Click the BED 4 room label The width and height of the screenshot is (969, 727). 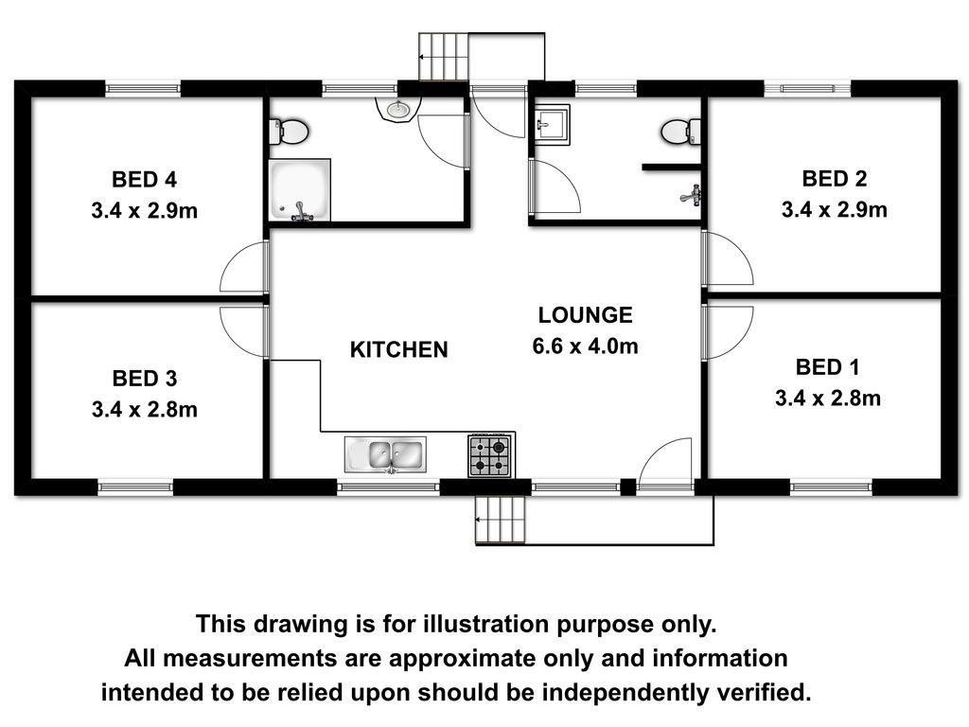point(144,180)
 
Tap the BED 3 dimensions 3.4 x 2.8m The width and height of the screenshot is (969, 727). point(145,409)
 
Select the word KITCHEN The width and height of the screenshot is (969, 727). point(398,350)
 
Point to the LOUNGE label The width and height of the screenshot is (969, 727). point(585,315)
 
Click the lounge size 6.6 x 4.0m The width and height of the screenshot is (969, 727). point(585,346)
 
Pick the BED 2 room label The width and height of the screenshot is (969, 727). point(835,179)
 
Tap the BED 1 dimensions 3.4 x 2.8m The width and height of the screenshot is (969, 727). point(828,399)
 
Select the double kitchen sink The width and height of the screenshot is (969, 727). point(386,455)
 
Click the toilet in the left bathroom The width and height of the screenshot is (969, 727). point(290,132)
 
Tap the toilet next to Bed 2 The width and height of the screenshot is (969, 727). point(681,131)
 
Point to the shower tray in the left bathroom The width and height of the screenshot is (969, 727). point(300,189)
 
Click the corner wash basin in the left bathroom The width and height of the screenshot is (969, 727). point(398,111)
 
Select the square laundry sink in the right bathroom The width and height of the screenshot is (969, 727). point(552,124)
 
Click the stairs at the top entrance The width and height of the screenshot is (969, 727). point(443,56)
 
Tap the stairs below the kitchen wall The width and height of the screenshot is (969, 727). point(501,520)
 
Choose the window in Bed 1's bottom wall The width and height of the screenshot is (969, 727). point(831,488)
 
